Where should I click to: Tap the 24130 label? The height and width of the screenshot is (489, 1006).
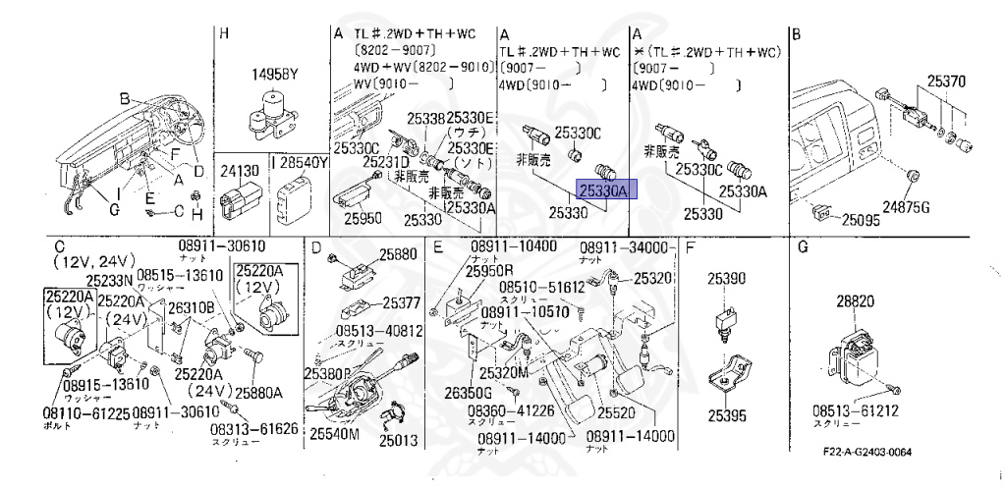pyautogui.click(x=240, y=170)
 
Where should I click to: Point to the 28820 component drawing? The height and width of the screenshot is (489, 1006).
pyautogui.click(x=854, y=346)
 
